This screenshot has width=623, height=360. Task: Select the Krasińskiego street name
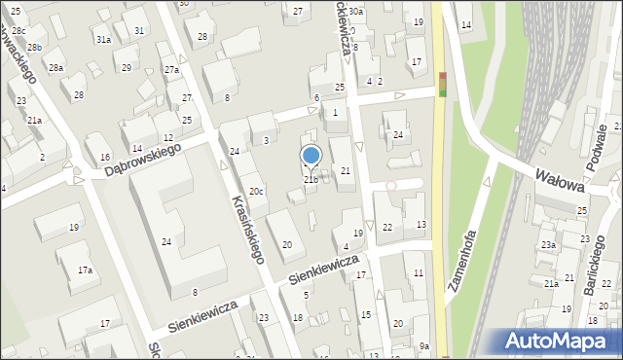point(248,229)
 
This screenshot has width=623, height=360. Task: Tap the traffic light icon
point(443,85)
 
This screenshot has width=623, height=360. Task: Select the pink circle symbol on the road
point(392,185)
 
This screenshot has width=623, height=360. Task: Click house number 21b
point(311,179)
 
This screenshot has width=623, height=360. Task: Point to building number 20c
point(255,192)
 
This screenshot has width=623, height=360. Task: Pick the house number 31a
point(102,39)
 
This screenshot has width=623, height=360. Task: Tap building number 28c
point(18,30)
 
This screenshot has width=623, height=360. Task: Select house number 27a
point(171,70)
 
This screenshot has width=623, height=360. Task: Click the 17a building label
point(86,270)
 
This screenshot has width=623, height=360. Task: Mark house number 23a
point(549,245)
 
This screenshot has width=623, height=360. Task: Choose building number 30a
point(356,12)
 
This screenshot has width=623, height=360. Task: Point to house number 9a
point(424,346)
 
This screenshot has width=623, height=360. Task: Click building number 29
point(126,67)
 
